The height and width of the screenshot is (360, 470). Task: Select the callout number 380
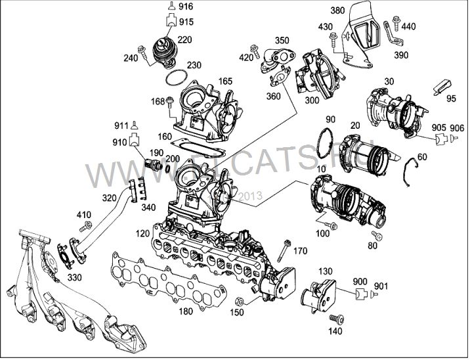click(x=338, y=11)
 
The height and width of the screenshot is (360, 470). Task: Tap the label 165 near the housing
click(x=226, y=81)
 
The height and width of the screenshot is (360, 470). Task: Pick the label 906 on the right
click(x=457, y=127)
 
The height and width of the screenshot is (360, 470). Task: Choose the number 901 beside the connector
click(x=381, y=286)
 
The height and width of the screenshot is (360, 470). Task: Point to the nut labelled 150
click(x=240, y=301)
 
